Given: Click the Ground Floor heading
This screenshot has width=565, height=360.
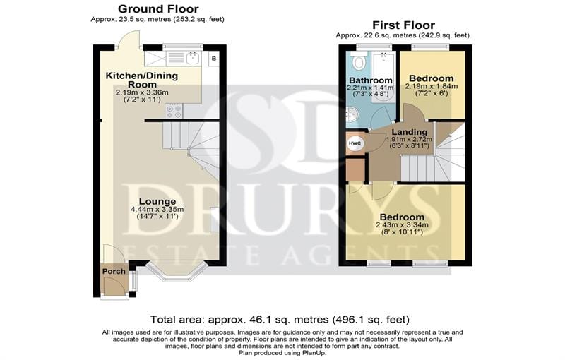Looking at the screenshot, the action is [158, 8].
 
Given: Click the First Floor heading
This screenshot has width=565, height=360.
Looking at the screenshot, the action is [403, 25].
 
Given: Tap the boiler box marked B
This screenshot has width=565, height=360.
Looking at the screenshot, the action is [214, 59].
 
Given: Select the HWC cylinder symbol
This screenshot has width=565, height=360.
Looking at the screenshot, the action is [355, 143].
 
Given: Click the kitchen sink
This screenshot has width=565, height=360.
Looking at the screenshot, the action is [194, 58].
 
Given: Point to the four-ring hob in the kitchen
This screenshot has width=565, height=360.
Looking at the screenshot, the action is [174, 111].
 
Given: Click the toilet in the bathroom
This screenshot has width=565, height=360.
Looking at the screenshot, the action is [358, 61].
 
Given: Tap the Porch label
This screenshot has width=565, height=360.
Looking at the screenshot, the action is [114, 272].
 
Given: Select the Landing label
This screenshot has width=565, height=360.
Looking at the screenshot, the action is [410, 132].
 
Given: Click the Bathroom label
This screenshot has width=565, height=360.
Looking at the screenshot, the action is [371, 80].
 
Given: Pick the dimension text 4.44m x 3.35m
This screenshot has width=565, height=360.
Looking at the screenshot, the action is [157, 210].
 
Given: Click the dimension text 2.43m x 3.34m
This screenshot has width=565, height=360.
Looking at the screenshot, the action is [402, 225].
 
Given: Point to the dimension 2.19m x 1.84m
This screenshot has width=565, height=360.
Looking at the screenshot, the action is [432, 86].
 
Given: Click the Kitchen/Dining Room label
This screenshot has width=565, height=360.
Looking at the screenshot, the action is [142, 80].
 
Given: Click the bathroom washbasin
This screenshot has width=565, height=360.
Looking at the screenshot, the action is [352, 116].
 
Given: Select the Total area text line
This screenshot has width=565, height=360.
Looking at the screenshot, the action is [280, 319].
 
